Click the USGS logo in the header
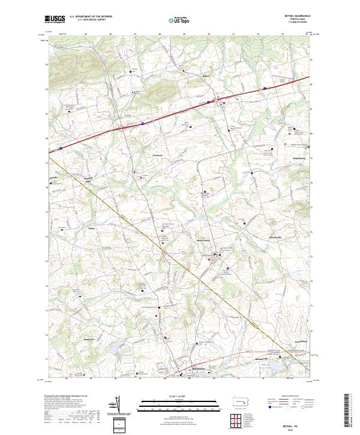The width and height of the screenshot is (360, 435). point(55,20)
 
